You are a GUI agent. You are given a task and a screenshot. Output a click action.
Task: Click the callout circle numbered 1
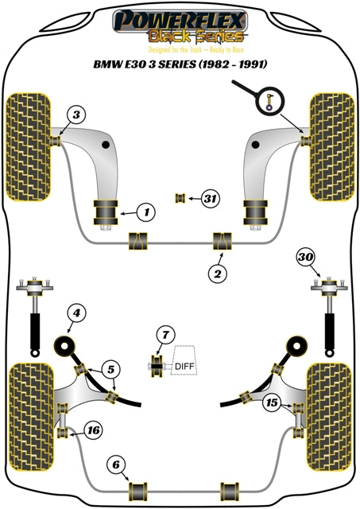pyautogui.click(x=145, y=212)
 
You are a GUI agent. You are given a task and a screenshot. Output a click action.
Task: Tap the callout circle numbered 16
pyautogui.click(x=93, y=430)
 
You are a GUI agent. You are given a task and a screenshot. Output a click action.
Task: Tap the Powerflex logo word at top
pyautogui.click(x=180, y=17)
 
